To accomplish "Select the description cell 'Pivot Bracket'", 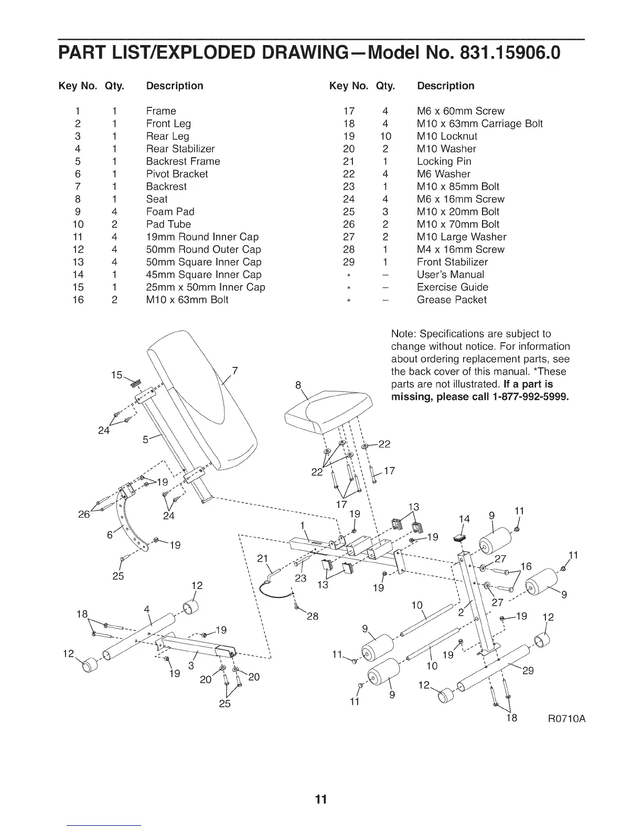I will (177, 174).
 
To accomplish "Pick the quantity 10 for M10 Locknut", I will (385, 136).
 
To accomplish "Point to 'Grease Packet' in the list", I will (452, 300).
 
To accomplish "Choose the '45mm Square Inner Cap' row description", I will (204, 275).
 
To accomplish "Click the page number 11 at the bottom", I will (321, 799).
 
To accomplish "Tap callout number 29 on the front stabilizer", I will (528, 670).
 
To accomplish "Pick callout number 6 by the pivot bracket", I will (110, 536).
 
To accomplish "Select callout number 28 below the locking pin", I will (313, 616).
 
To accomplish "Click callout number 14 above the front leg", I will (464, 519).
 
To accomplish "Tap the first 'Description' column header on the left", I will (174, 86).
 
